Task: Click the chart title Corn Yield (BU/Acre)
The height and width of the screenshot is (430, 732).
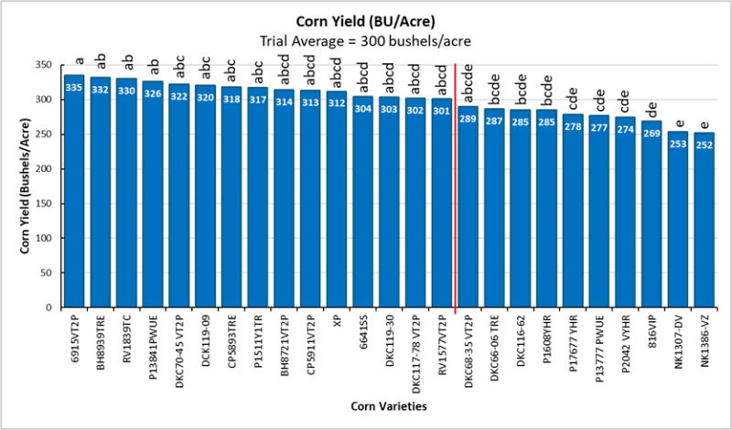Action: (364, 22)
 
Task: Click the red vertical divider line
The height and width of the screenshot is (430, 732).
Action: (455, 183)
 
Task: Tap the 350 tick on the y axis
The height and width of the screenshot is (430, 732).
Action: (47, 65)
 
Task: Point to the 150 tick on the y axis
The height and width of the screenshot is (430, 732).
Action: (47, 204)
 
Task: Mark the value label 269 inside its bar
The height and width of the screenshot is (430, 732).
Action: (651, 133)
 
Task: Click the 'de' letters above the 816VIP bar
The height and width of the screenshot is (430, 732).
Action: (651, 108)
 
